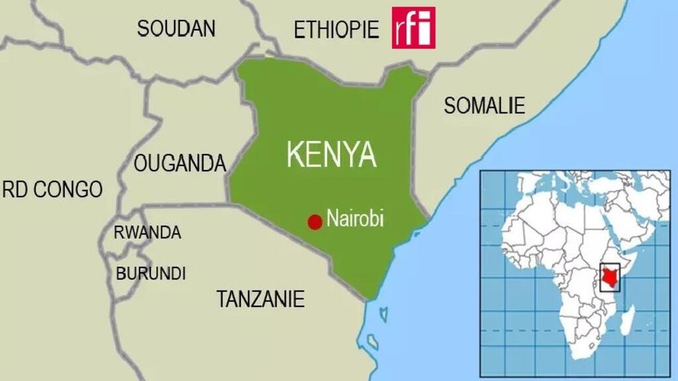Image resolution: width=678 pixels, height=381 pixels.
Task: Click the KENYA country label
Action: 331,154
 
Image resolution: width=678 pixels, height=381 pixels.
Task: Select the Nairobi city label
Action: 355,219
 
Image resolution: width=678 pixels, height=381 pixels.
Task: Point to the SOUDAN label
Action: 176,28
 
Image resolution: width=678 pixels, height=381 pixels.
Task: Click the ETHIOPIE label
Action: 336,30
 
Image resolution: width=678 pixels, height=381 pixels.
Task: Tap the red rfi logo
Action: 413,28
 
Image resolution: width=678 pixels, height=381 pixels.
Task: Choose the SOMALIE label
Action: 484,105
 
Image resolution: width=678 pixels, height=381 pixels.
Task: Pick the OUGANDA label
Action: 180,163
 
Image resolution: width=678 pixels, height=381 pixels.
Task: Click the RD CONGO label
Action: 53,190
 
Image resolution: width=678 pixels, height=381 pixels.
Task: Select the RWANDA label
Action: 148,233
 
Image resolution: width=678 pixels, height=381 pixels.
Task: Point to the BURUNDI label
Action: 151,273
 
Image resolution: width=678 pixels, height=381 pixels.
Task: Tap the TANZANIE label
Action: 260,299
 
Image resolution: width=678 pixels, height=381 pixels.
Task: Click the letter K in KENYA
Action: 296,154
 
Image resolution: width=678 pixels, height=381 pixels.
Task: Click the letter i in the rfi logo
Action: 426,29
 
